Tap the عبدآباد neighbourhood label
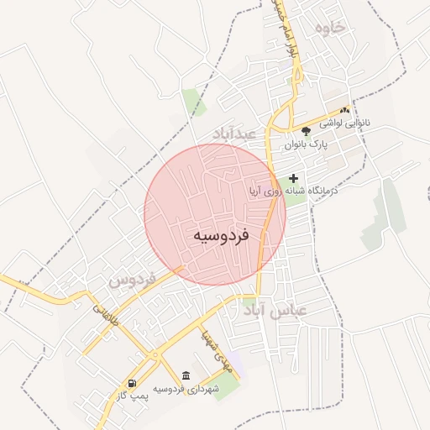tap(239, 134)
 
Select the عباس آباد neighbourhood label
tap(276, 310)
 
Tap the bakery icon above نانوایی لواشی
tap(344, 110)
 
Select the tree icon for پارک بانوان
tap(306, 131)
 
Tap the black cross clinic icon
tap(293, 178)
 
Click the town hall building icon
tap(186, 375)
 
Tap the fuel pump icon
tap(132, 383)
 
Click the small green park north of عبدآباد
tap(193, 101)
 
